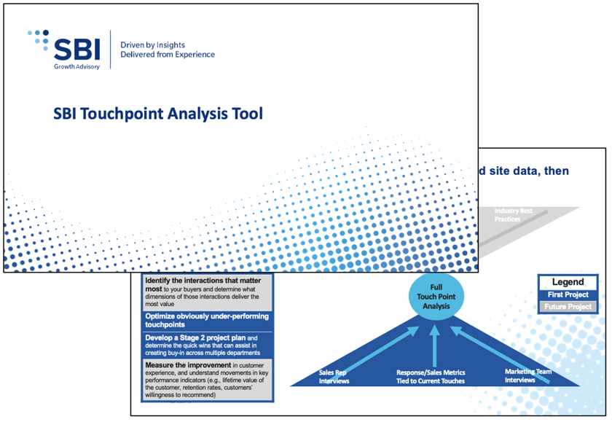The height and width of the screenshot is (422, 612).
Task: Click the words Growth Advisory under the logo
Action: click(x=76, y=66)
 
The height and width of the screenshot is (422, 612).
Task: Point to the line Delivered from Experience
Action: click(x=168, y=55)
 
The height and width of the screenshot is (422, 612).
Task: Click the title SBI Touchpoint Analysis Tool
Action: click(x=158, y=114)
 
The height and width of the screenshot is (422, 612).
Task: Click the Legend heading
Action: click(x=568, y=282)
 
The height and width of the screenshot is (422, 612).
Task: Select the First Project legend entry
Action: click(x=568, y=294)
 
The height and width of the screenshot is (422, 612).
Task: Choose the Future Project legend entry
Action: click(x=568, y=307)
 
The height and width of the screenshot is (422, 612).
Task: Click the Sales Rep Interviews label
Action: click(x=334, y=376)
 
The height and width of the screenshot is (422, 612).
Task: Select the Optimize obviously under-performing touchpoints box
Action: click(x=207, y=320)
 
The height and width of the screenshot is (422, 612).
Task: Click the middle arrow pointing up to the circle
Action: click(x=434, y=346)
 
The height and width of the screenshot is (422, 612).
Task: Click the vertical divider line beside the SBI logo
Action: click(x=111, y=50)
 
